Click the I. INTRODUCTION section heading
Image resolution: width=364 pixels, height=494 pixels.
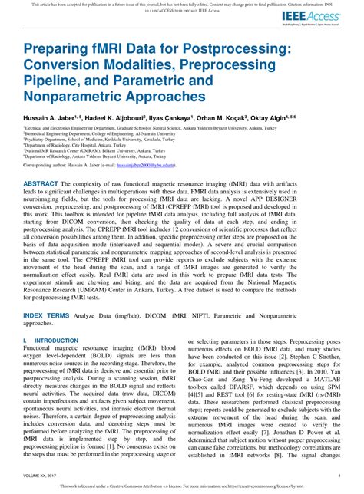pos(49,338)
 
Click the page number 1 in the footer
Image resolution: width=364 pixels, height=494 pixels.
pos(339,476)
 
